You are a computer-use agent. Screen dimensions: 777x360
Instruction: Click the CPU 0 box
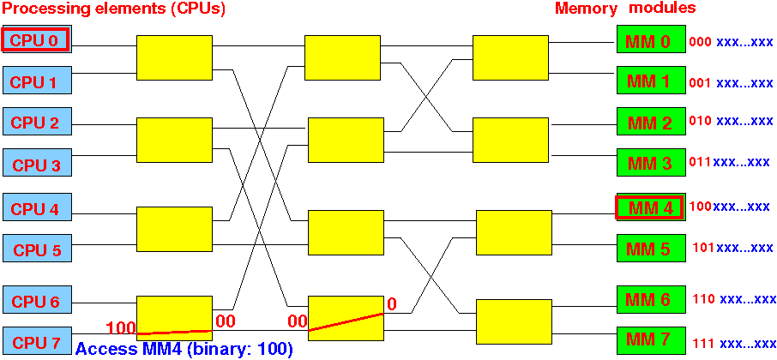tap(38, 39)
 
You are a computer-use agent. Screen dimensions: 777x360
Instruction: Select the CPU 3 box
tap(38, 162)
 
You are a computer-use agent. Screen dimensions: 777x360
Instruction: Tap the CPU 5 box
tap(38, 248)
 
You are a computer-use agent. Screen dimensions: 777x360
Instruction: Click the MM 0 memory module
tap(651, 39)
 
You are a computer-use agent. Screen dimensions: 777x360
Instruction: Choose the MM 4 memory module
tap(650, 207)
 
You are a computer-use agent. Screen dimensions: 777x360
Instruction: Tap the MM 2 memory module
tap(651, 122)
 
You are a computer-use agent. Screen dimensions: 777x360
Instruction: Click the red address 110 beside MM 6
tap(703, 298)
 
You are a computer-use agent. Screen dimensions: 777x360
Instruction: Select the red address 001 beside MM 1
tap(700, 82)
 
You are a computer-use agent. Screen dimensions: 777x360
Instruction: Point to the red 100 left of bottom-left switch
tap(122, 327)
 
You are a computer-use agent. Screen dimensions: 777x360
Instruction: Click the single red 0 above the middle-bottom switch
tap(391, 303)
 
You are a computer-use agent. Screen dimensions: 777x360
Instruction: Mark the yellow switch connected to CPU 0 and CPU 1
tap(174, 57)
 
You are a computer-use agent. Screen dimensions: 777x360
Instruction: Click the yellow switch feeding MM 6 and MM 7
tap(514, 322)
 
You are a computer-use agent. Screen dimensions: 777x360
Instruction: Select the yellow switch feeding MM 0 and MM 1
tap(510, 57)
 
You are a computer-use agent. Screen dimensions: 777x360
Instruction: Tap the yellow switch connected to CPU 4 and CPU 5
tap(174, 229)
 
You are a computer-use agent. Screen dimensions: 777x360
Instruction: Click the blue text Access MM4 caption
tap(184, 349)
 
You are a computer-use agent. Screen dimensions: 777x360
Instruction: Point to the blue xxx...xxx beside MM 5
tap(744, 247)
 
